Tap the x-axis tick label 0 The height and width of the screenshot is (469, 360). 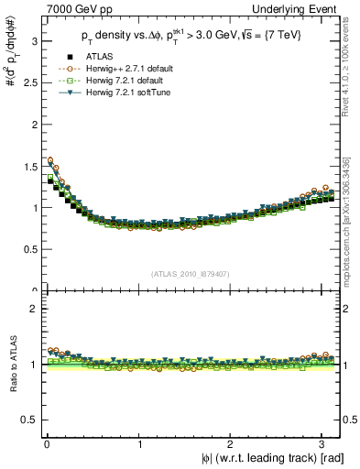point(46,445)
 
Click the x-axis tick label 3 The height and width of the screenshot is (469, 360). point(326,445)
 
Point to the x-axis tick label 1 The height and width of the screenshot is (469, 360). point(139,445)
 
